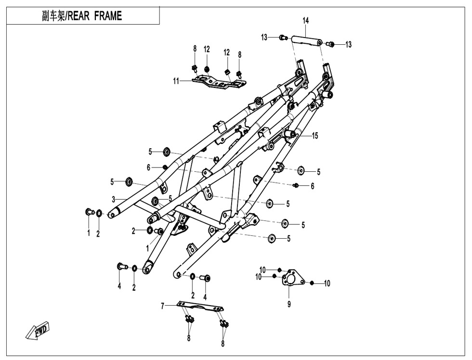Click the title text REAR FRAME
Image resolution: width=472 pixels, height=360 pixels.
(82, 16)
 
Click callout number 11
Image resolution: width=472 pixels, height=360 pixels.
(177, 81)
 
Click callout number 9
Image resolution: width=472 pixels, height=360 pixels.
(289, 304)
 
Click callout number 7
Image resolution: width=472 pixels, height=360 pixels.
(163, 305)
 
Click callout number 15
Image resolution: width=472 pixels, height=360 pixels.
(315, 136)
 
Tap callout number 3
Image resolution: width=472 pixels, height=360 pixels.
(113, 199)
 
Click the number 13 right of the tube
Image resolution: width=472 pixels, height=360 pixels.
(348, 44)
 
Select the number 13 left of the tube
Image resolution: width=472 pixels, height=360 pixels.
(264, 37)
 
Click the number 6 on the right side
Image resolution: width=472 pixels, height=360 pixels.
(312, 186)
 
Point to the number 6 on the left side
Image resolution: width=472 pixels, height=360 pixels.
(149, 167)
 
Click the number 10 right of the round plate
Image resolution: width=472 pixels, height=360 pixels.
(327, 283)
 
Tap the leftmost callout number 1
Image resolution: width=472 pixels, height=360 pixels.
(89, 233)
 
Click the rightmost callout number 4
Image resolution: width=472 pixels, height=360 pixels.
(205, 297)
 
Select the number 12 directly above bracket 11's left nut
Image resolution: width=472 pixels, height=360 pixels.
(207, 49)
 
